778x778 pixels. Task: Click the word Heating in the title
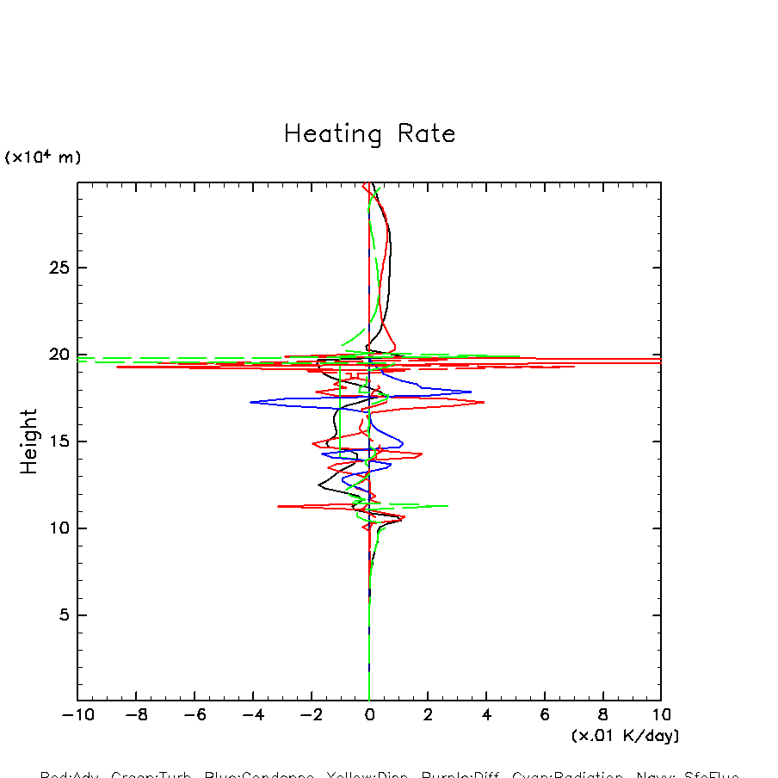pyautogui.click(x=332, y=135)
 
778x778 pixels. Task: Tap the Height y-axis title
pyautogui.click(x=30, y=441)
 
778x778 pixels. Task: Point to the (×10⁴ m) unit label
pyautogui.click(x=43, y=157)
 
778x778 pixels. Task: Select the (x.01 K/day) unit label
pyautogui.click(x=625, y=736)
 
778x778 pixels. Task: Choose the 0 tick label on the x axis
pyautogui.click(x=369, y=715)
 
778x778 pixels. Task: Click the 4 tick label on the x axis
pyautogui.click(x=486, y=715)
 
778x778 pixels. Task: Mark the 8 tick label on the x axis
pyautogui.click(x=602, y=715)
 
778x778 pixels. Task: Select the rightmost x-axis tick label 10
pyautogui.click(x=660, y=715)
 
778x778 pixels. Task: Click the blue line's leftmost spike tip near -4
pyautogui.click(x=250, y=402)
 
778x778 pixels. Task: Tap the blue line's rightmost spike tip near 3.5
pyautogui.click(x=472, y=392)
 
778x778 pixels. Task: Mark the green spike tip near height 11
pyautogui.click(x=448, y=506)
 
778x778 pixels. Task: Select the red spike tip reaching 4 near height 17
pyautogui.click(x=485, y=402)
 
